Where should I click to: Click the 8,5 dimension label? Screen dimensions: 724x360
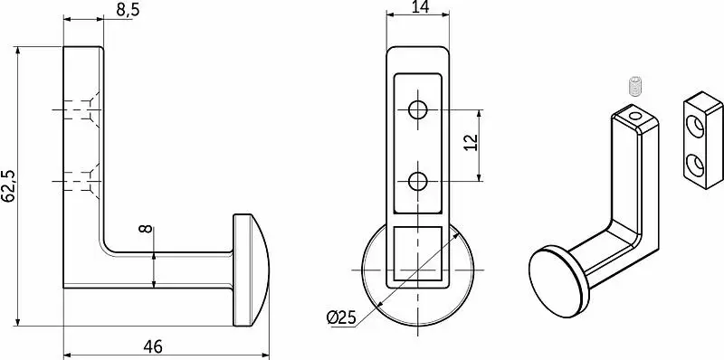(128, 10)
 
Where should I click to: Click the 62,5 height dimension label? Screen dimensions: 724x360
(9, 186)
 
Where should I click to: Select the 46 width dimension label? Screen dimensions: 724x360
(152, 346)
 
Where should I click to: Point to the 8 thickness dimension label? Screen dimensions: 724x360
(146, 228)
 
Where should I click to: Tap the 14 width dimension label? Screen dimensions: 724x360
(419, 7)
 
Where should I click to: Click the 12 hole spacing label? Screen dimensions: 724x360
(470, 143)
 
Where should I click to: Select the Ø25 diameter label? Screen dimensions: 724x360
(342, 317)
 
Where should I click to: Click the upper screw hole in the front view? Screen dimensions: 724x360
(418, 109)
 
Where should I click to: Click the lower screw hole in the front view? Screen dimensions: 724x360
(418, 181)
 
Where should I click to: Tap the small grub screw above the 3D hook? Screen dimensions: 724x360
(636, 86)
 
